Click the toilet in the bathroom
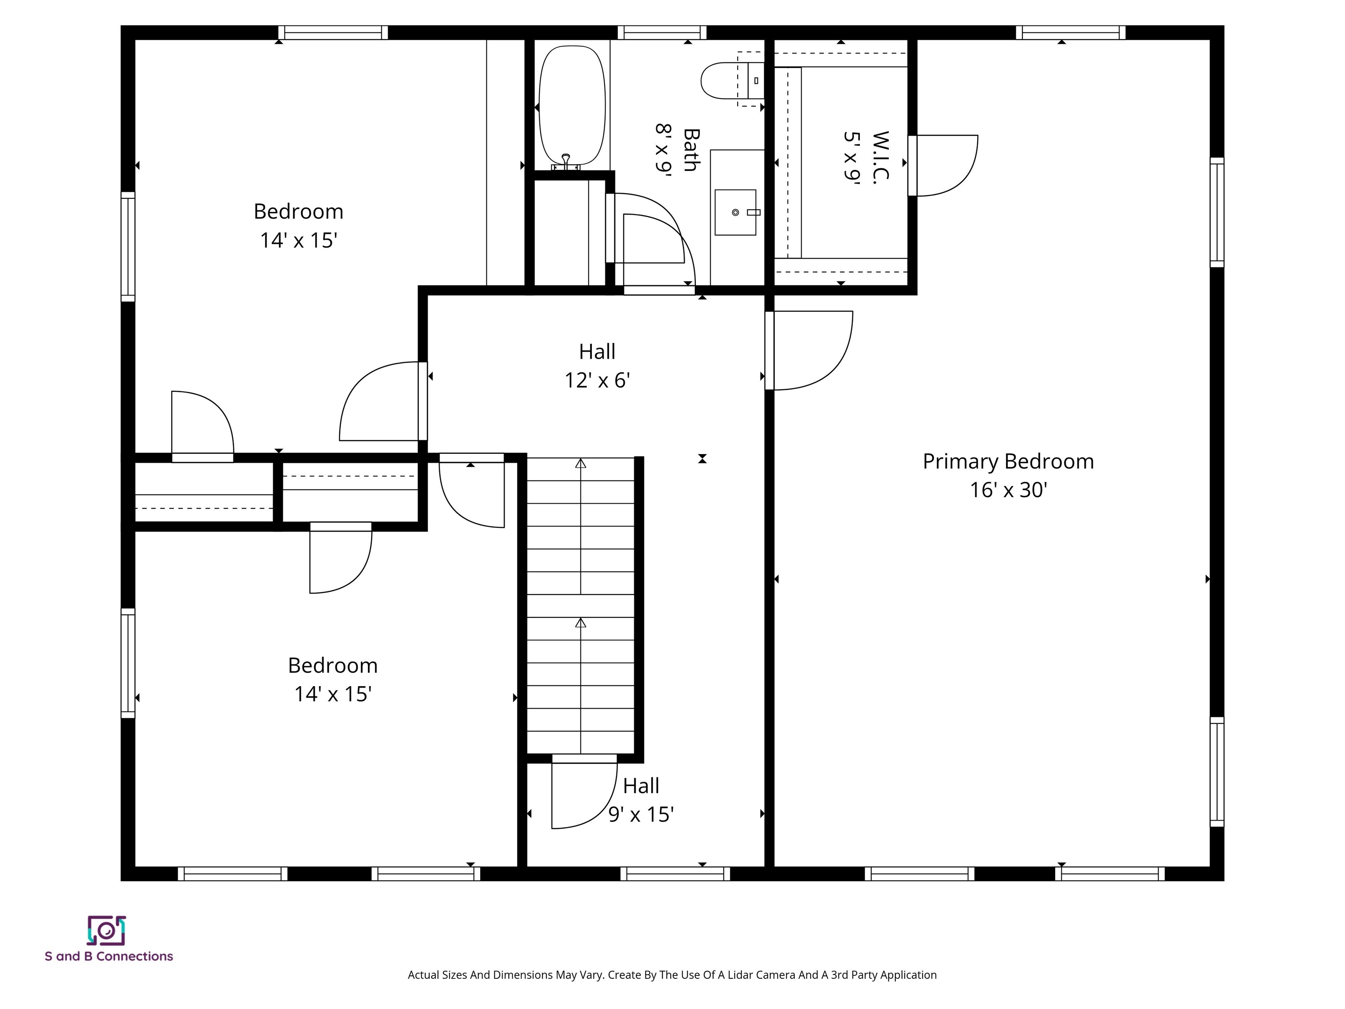[x=730, y=80]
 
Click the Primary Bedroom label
[x=1007, y=461]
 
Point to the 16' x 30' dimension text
[x=1007, y=490]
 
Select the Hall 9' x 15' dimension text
[x=641, y=814]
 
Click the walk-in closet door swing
[x=944, y=166]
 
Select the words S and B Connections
[x=109, y=956]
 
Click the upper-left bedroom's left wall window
[x=128, y=246]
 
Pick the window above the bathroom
[x=662, y=33]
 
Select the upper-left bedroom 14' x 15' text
[x=298, y=240]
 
